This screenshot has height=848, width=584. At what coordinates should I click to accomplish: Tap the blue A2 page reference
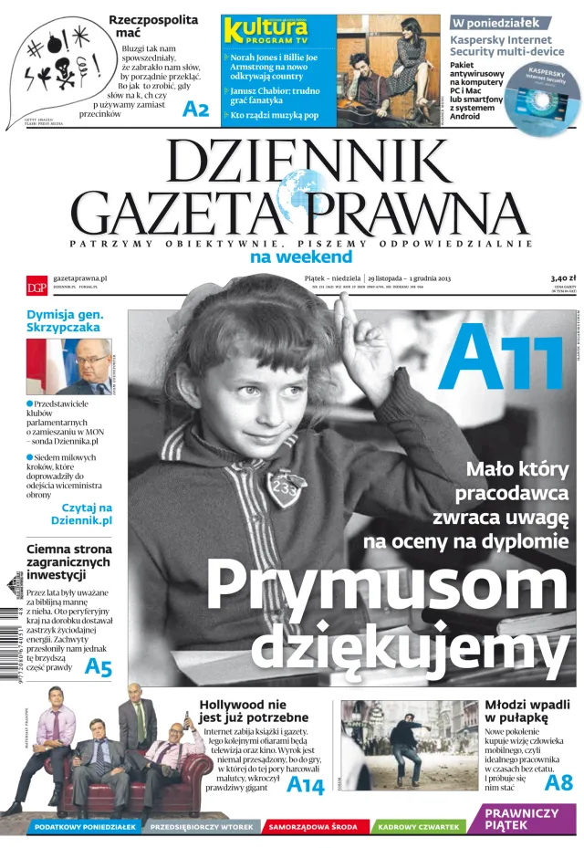195,110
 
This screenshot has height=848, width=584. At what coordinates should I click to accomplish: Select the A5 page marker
98,667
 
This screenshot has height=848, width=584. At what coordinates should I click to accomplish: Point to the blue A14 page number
305,785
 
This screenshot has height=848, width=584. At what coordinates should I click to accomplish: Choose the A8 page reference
558,782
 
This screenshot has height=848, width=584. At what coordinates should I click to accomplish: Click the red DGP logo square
36,285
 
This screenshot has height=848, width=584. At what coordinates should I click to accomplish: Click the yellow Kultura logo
266,30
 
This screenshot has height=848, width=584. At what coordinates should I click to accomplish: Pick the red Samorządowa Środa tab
312,827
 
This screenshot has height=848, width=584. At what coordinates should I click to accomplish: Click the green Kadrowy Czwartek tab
419,827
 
